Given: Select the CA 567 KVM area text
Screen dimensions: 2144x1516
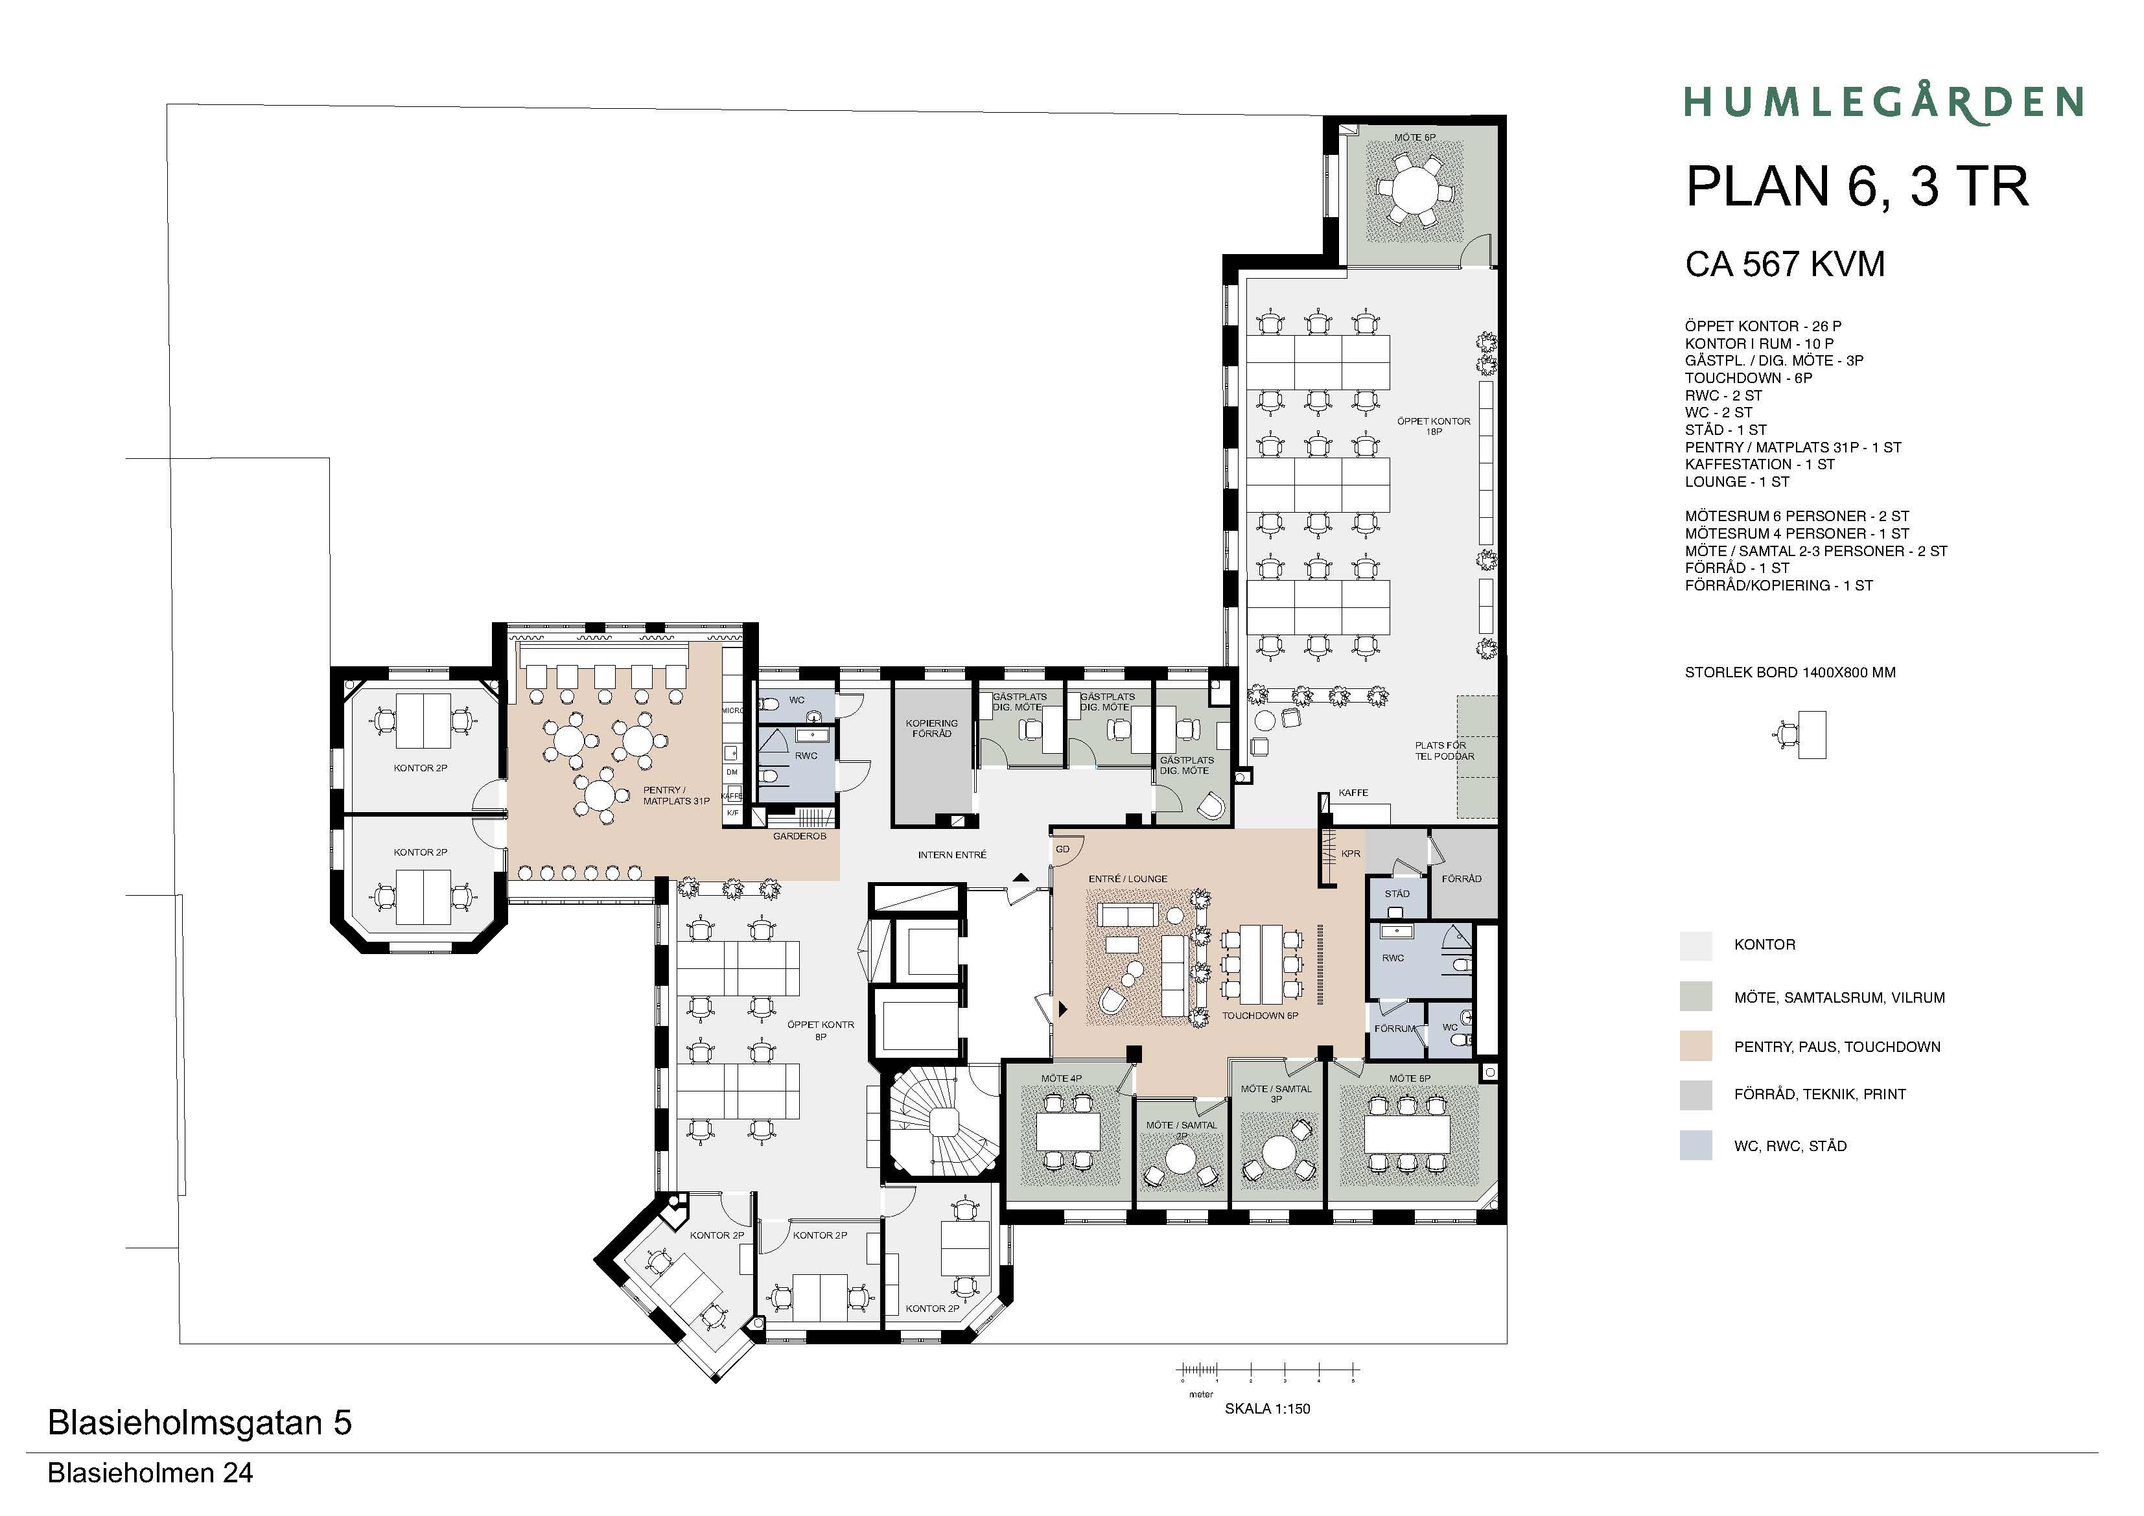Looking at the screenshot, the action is [x=1784, y=264].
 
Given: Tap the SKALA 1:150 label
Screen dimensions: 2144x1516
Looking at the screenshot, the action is [x=1267, y=1408].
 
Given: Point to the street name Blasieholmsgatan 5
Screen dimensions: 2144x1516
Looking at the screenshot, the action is [x=200, y=1423].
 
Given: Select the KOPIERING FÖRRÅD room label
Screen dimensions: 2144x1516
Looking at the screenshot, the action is [x=931, y=729].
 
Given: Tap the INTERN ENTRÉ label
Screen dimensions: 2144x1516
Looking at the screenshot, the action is [x=951, y=855].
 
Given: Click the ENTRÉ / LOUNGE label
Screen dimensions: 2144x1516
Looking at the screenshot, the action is [x=1128, y=879].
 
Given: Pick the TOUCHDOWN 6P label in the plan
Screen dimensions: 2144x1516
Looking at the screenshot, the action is [x=1260, y=1016].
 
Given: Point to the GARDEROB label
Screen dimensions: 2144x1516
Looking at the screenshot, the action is [x=799, y=836].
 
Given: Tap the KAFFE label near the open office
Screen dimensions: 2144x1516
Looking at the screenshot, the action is [x=1353, y=793].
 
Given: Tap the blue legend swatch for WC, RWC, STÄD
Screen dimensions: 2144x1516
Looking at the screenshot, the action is [x=1695, y=1145].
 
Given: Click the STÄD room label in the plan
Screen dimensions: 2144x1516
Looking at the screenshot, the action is [x=1397, y=894].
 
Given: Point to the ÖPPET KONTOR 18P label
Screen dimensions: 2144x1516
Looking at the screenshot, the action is [x=1434, y=426].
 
